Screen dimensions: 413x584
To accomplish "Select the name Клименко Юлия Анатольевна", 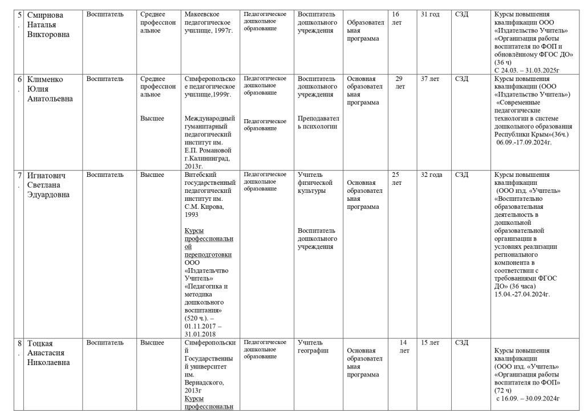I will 50,88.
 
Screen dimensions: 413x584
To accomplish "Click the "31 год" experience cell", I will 430,14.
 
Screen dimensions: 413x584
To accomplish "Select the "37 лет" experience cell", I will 430,79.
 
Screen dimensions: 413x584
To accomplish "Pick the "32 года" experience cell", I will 431,175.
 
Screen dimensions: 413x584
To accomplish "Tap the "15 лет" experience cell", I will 430,343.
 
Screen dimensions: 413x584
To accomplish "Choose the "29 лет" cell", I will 400,82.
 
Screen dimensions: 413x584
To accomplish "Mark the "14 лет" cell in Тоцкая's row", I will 404,346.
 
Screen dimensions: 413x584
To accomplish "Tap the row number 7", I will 19,175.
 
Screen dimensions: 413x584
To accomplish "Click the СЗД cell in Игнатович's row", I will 462,175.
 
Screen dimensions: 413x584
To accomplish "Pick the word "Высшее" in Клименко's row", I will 152,119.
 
